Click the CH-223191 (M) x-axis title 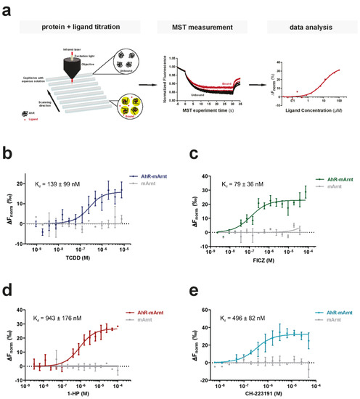click(277, 393)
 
